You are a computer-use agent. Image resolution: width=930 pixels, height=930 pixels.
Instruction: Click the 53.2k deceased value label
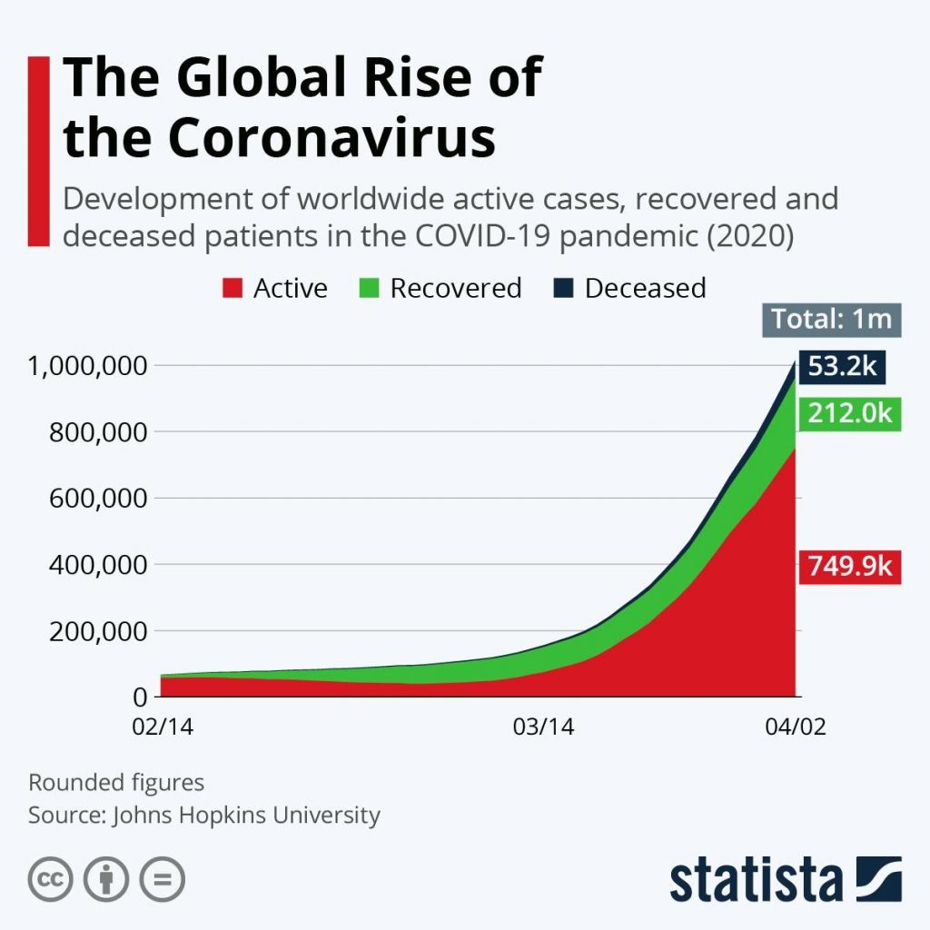tap(842, 368)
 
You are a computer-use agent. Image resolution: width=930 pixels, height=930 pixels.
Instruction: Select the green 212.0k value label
tap(849, 415)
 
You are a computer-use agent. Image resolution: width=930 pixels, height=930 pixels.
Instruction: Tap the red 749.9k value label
tap(849, 568)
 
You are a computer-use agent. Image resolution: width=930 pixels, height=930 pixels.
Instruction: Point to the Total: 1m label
tap(832, 320)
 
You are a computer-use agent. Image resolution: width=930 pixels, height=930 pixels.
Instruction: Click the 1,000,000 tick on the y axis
tap(88, 366)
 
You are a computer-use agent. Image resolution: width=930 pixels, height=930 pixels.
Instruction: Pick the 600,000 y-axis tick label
tap(101, 499)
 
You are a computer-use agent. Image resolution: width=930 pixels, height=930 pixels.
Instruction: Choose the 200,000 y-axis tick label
tap(101, 631)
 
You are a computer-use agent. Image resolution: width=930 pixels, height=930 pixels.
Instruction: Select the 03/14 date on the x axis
tap(543, 728)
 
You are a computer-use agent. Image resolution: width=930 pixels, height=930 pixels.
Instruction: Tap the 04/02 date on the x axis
tap(796, 728)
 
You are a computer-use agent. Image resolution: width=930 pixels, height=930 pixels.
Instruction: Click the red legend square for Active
tap(232, 289)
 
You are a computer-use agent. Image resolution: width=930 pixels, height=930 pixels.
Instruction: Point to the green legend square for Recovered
tap(369, 289)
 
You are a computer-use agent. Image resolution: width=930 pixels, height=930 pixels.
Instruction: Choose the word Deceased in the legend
tap(645, 289)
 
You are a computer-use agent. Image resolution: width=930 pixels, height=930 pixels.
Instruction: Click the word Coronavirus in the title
tap(331, 138)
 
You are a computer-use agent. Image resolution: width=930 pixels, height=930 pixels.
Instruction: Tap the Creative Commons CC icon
tap(50, 879)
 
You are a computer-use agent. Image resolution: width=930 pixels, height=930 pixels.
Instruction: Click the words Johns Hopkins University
tap(245, 815)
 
